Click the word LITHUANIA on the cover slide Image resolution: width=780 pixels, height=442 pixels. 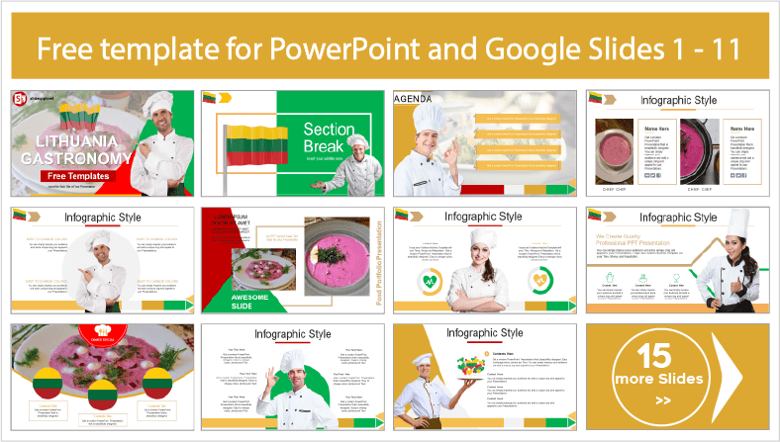[59, 142]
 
